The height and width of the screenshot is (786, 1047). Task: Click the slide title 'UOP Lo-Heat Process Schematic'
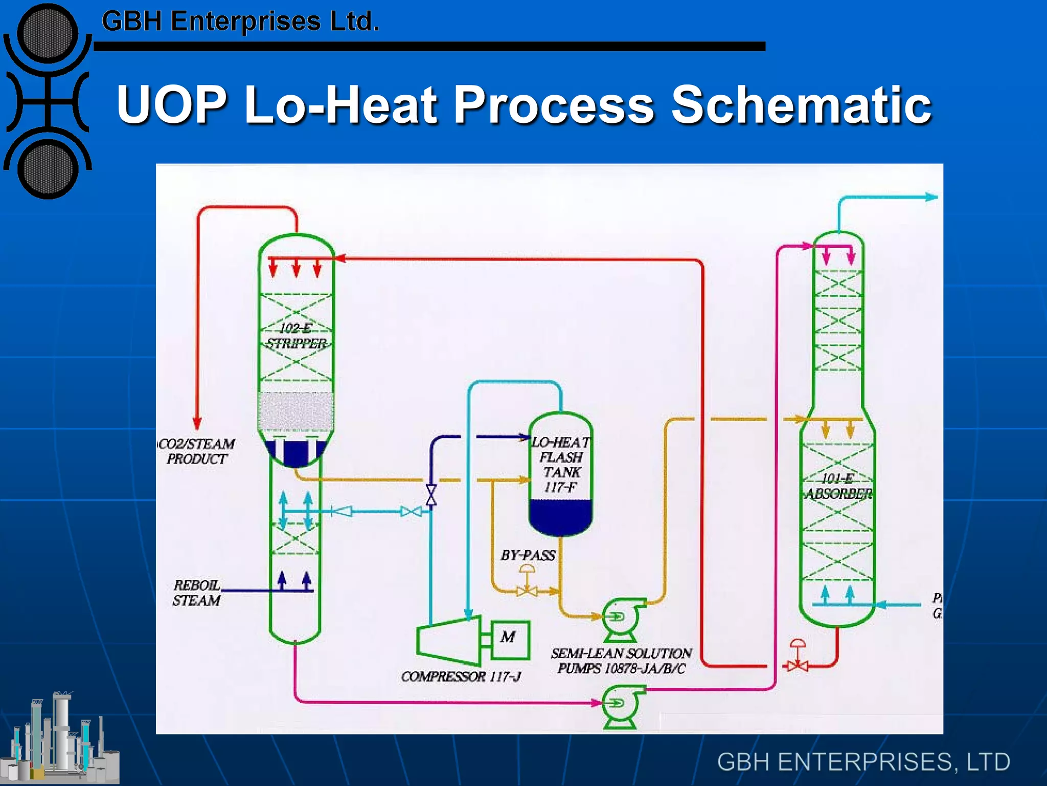[x=523, y=105]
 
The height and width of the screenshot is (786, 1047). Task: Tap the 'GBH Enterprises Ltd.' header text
[x=240, y=21]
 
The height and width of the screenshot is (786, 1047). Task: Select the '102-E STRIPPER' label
[x=296, y=336]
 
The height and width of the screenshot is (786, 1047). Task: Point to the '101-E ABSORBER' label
[x=838, y=486]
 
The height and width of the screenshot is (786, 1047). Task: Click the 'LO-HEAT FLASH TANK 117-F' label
[x=561, y=464]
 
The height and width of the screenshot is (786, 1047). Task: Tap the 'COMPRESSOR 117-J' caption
[x=461, y=676]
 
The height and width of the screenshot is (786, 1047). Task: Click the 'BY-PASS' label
[x=528, y=555]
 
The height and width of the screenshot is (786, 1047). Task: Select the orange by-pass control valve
[x=527, y=591]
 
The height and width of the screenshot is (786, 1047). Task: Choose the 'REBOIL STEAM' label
[x=197, y=593]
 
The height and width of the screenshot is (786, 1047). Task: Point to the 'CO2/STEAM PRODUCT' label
[x=197, y=451]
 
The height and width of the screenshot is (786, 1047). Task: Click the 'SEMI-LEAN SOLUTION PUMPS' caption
[x=621, y=661]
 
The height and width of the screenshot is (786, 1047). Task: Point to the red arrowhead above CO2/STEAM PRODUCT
[x=197, y=424]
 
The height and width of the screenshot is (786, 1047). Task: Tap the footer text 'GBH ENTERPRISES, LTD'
[x=863, y=761]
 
